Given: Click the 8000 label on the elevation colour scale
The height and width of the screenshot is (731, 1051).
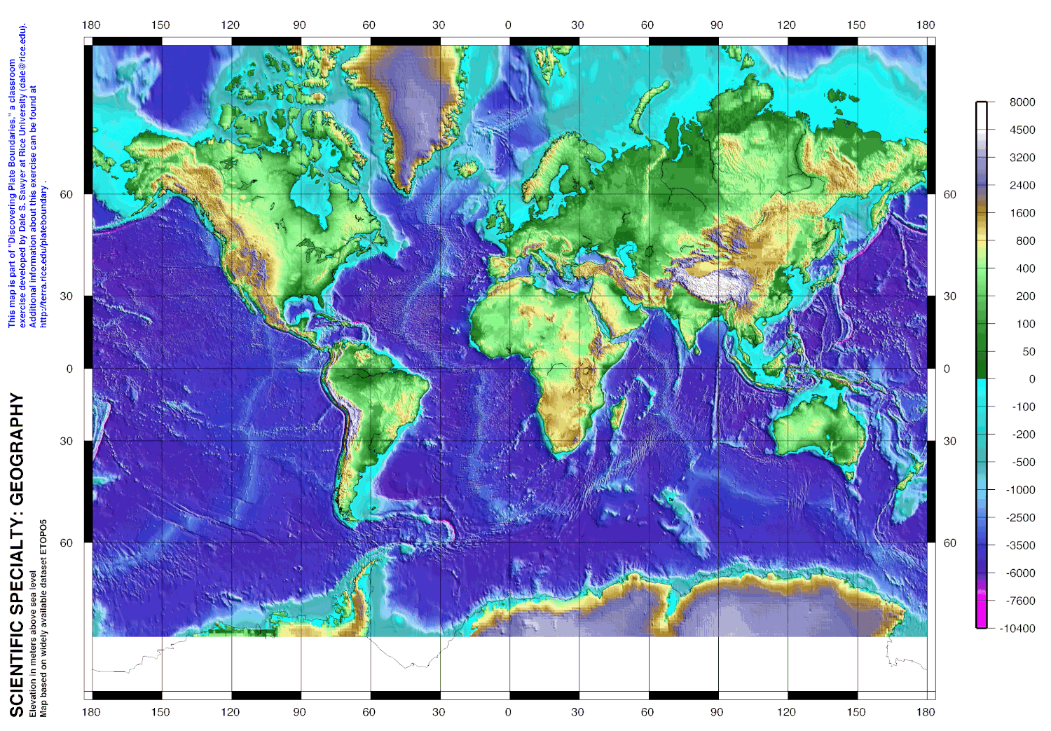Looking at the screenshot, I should click(x=1022, y=102).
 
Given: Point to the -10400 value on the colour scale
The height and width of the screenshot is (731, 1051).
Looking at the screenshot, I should click(x=1018, y=629).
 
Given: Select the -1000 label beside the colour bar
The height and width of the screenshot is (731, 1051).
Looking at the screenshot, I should click(x=1021, y=490).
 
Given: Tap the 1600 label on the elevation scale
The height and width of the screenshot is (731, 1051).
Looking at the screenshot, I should click(x=1022, y=213).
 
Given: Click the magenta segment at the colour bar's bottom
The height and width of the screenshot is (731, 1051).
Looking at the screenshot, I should click(x=982, y=613).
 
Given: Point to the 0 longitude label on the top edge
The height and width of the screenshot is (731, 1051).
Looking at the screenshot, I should click(x=508, y=25).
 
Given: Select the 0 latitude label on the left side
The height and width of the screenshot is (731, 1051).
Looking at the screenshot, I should click(x=69, y=369).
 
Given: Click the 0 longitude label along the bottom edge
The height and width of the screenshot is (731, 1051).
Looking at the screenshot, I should click(x=508, y=712).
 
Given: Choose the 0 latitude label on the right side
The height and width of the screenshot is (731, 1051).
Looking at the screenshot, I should click(x=947, y=369).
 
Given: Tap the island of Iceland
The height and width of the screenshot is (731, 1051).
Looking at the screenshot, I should click(x=465, y=169).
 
